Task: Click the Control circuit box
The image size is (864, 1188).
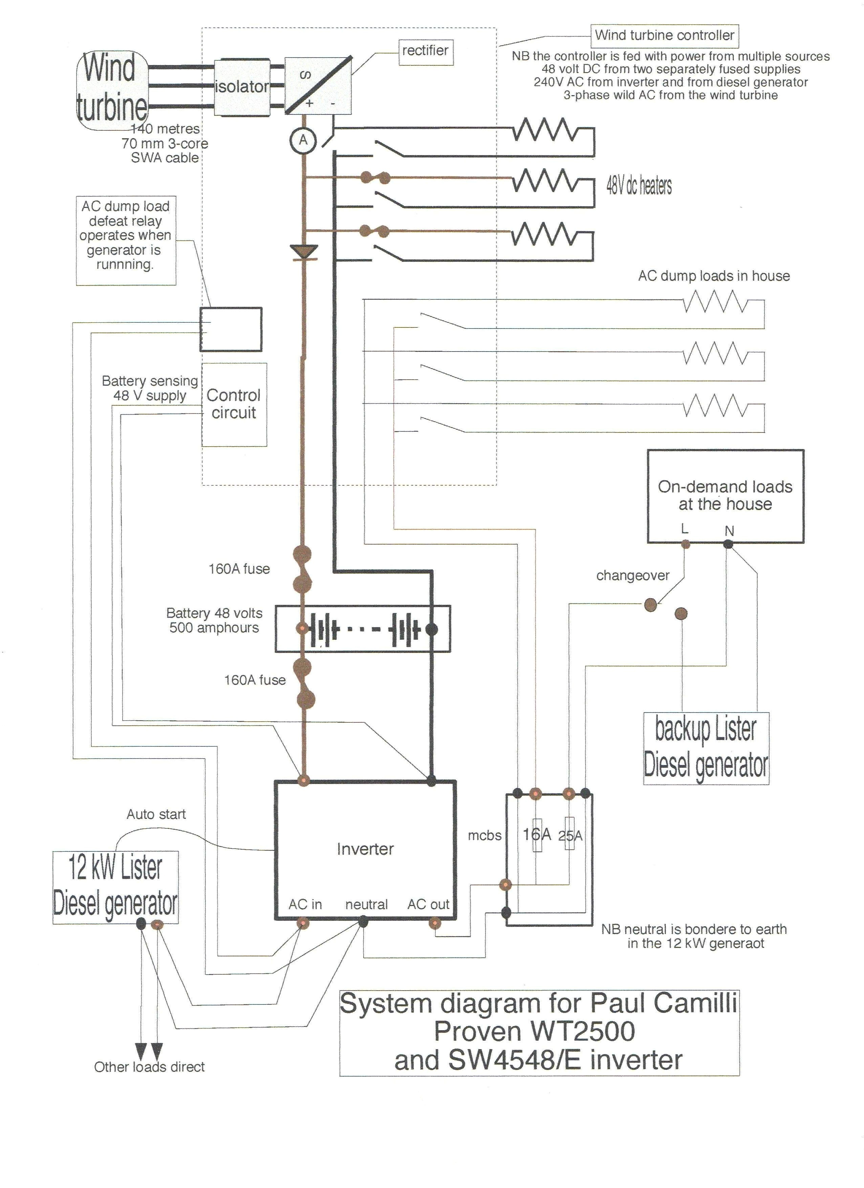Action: [x=234, y=404]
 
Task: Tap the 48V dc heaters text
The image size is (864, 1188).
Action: [x=639, y=186]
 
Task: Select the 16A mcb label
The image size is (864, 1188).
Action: [x=537, y=834]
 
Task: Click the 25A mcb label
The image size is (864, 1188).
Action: [x=570, y=835]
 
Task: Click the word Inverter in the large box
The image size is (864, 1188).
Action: [x=365, y=849]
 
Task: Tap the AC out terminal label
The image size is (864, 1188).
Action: [x=428, y=904]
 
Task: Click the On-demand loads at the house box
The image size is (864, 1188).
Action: [x=725, y=495]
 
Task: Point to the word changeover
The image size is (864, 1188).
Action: [x=632, y=576]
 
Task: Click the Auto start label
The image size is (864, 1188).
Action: [x=156, y=814]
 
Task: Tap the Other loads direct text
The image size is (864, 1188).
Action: [x=149, y=1067]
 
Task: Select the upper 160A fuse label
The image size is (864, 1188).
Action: [x=239, y=569]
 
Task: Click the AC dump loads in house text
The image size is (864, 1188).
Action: [x=714, y=276]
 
